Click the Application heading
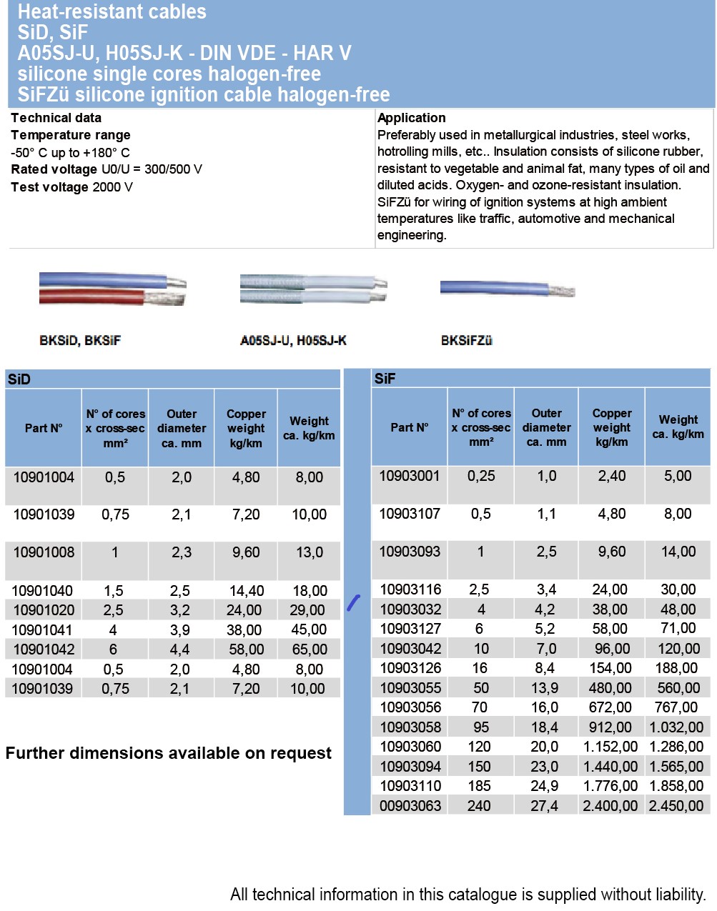tap(411, 118)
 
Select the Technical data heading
tap(56, 118)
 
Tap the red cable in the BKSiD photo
tap(93, 297)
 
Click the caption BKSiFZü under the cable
tap(466, 341)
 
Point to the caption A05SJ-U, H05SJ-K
tap(293, 341)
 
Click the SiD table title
tap(19, 379)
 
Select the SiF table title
tap(385, 379)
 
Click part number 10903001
tap(409, 476)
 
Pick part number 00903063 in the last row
tap(410, 806)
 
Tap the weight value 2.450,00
tap(676, 806)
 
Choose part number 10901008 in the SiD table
tap(44, 552)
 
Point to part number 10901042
tap(44, 649)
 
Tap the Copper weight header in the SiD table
tap(246, 428)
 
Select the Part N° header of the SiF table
tap(409, 427)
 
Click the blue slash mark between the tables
tap(353, 602)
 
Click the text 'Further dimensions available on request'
tap(168, 753)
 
